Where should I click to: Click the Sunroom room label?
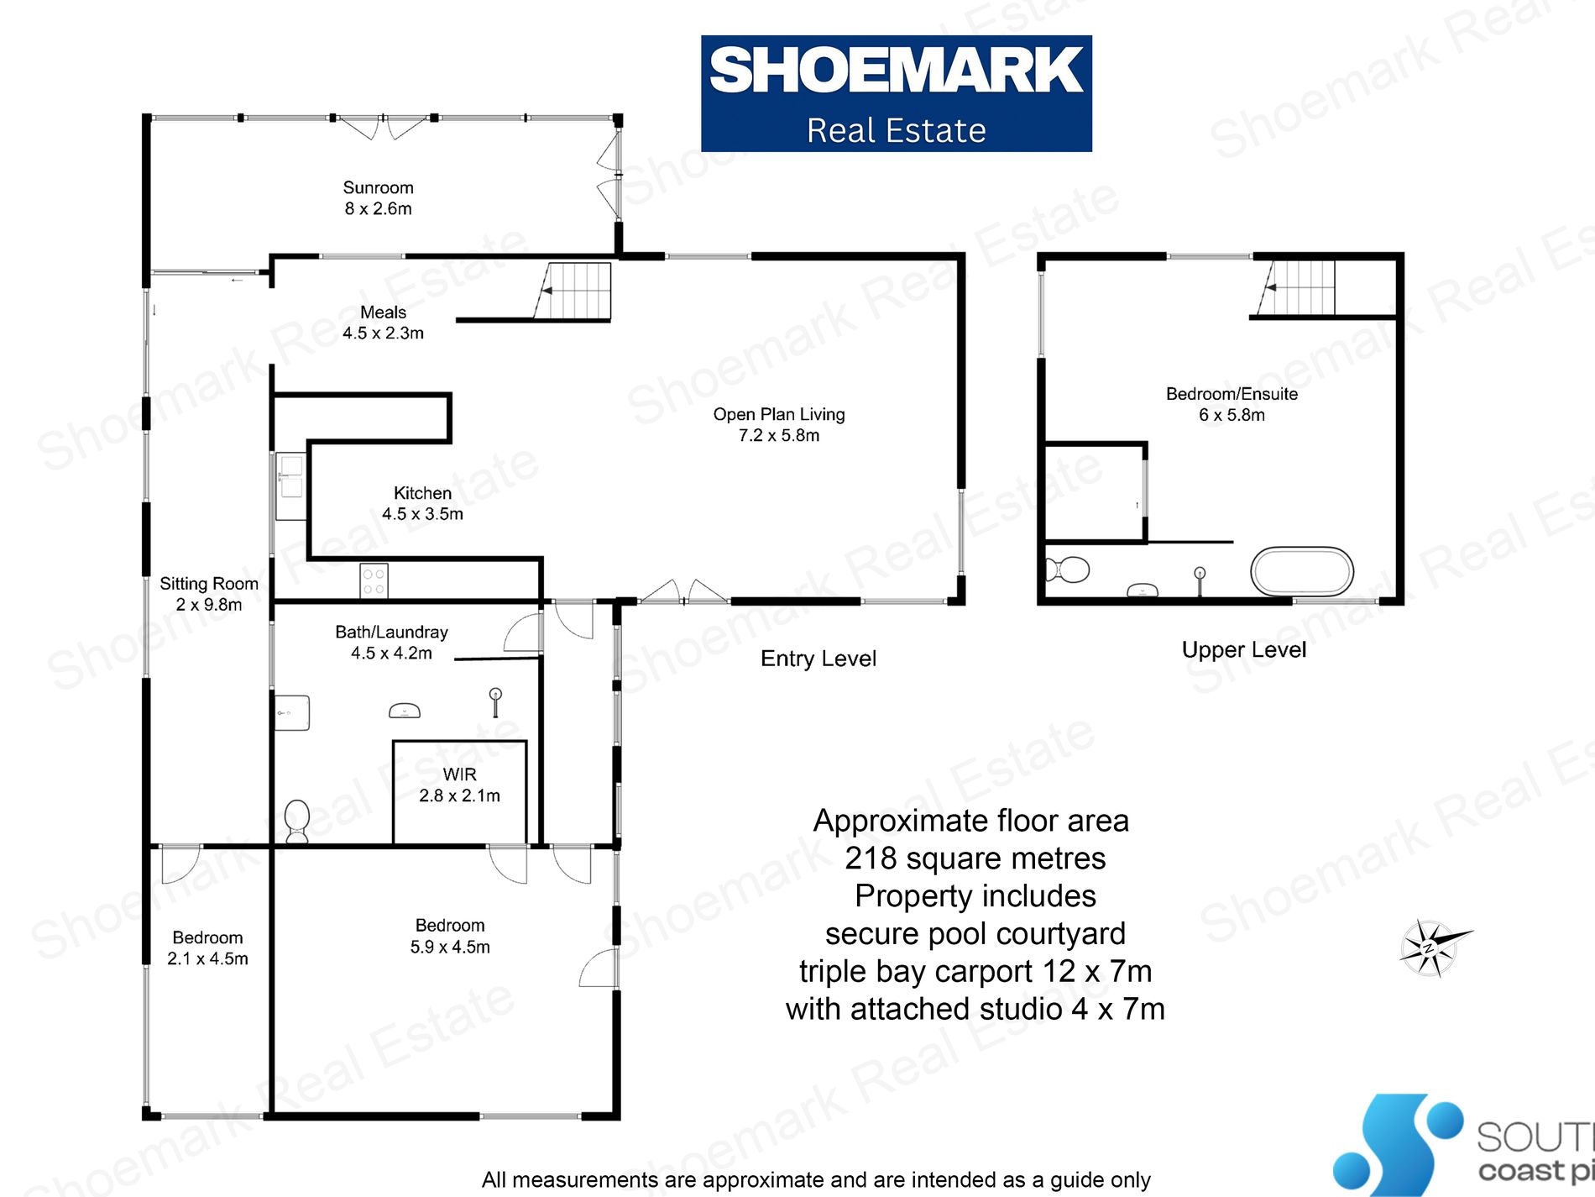pos(378,198)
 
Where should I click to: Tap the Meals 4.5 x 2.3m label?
pos(383,323)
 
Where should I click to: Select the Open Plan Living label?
pos(779,424)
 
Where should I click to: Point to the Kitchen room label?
pos(422,503)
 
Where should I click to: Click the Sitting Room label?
pos(209,594)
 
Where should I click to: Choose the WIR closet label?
pos(459,785)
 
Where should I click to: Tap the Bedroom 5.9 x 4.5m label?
pos(450,936)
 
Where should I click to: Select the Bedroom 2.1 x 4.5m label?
pos(207,948)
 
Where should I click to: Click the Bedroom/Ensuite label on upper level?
pos(1232,404)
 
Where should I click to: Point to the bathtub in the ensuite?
pos(1301,572)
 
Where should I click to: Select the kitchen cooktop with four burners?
pos(374,580)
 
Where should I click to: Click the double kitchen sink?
pos(290,476)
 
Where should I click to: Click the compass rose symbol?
pos(1431,948)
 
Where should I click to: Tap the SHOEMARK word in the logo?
pos(896,71)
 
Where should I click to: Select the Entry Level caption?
pos(818,659)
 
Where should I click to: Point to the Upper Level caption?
pos(1243,649)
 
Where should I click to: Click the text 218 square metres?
pos(975,858)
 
